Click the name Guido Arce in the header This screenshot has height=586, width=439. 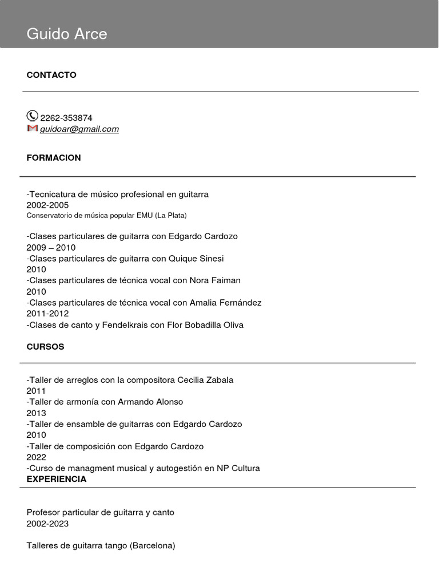pyautogui.click(x=67, y=34)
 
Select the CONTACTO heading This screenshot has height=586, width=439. pyautogui.click(x=51, y=75)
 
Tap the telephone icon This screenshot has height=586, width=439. pyautogui.click(x=32, y=116)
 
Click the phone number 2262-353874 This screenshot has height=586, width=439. pyautogui.click(x=66, y=118)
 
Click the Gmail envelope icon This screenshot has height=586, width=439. pyautogui.click(x=32, y=128)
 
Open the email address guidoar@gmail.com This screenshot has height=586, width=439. pyautogui.click(x=79, y=129)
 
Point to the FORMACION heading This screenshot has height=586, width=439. pyautogui.click(x=54, y=157)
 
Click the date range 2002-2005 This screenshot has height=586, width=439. pyautogui.click(x=47, y=205)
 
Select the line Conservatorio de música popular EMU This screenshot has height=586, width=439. pyautogui.click(x=106, y=215)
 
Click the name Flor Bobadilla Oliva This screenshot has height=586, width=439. pyautogui.click(x=205, y=325)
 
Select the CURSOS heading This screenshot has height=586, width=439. pyautogui.click(x=45, y=347)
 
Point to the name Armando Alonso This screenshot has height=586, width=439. pyautogui.click(x=150, y=402)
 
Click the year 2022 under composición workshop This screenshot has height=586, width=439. pyautogui.click(x=36, y=457)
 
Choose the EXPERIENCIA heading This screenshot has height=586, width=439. pyautogui.click(x=57, y=479)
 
